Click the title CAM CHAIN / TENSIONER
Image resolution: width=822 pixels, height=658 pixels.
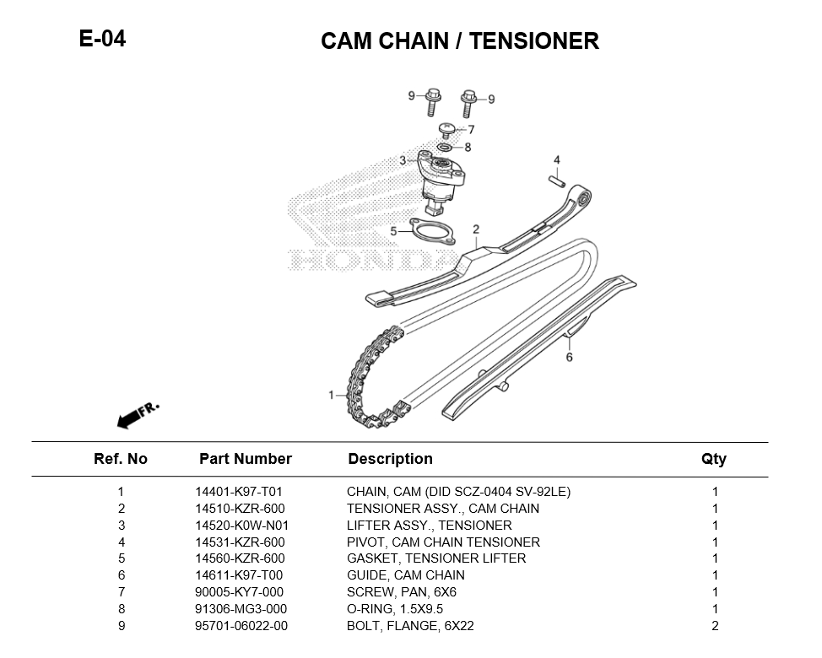(x=459, y=40)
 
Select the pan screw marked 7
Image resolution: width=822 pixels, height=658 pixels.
(x=448, y=129)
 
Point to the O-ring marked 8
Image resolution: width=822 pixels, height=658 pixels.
(x=444, y=148)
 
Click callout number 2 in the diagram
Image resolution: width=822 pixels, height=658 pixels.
(x=476, y=229)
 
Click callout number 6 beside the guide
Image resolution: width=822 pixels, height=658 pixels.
(x=570, y=358)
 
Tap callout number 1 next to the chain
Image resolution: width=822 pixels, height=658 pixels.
(x=333, y=395)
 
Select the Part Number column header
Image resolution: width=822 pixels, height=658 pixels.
(x=245, y=459)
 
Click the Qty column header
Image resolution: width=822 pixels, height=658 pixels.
(x=713, y=459)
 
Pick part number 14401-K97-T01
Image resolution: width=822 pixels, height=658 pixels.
(x=239, y=492)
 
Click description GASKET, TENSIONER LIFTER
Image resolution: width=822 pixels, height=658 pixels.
(x=435, y=558)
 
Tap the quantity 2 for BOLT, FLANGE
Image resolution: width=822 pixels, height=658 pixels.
(x=715, y=626)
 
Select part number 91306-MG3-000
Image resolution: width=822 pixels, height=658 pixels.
(x=241, y=609)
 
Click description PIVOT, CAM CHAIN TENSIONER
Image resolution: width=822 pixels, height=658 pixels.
(x=443, y=542)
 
